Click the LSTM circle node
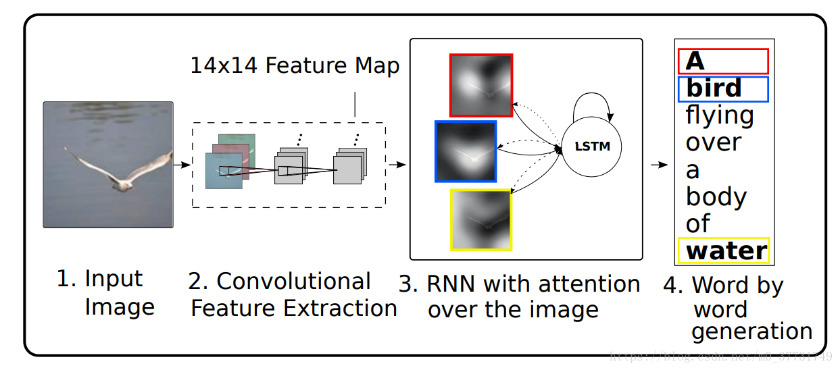(591, 147)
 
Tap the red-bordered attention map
(481, 85)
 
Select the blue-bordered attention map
(466, 151)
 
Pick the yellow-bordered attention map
(481, 219)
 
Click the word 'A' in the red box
(695, 61)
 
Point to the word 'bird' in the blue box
(714, 88)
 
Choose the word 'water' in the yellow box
(726, 250)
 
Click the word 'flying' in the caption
(719, 116)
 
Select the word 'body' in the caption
(716, 196)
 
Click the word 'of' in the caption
(698, 223)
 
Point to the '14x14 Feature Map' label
(295, 65)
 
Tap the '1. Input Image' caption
(105, 292)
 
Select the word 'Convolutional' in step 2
(294, 281)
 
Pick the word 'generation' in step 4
(751, 332)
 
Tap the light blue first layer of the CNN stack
(223, 170)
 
